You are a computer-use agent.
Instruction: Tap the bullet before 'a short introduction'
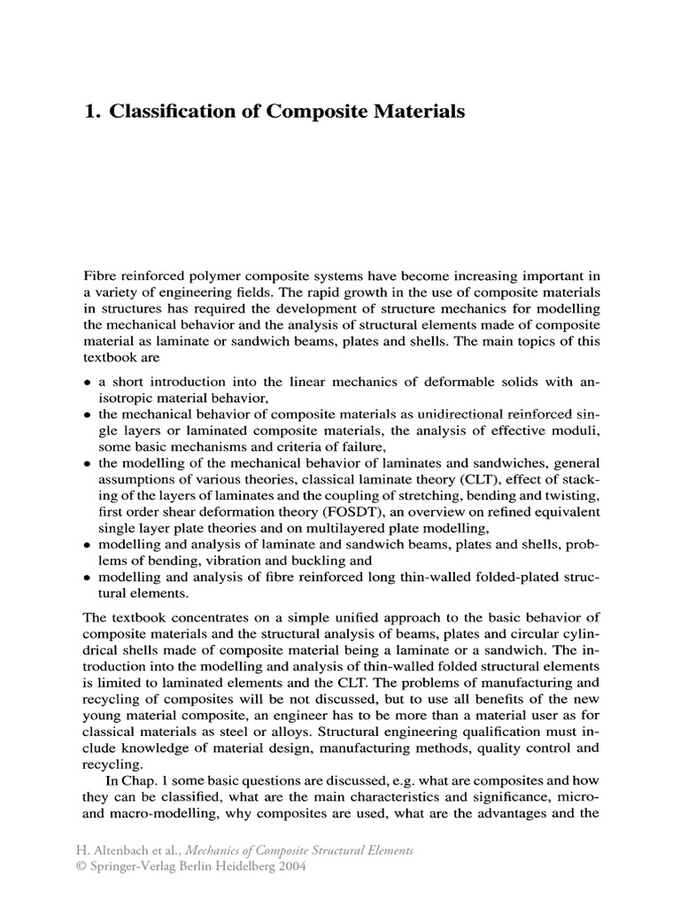(87, 383)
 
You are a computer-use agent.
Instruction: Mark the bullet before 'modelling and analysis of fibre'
(87, 579)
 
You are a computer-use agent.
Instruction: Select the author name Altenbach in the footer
(131, 850)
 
